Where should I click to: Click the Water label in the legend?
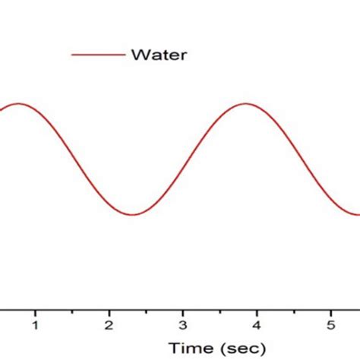[x=159, y=55]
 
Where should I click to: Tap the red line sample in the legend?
[x=96, y=55]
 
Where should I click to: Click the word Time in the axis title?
[x=191, y=348]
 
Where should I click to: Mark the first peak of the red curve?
[x=18, y=103]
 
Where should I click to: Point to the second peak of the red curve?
[x=245, y=103]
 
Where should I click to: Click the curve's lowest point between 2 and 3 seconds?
[x=132, y=214]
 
